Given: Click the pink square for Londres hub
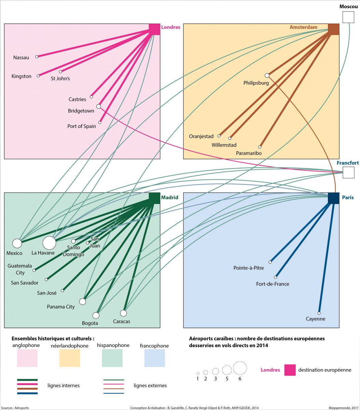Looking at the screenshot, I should point(155,29).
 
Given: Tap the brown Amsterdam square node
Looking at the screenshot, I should point(333,29).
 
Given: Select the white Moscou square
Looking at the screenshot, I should point(348,17).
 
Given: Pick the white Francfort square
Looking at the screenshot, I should point(348,173).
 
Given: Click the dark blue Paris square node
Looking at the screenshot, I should point(333,198).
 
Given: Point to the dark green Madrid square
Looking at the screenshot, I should point(155,198).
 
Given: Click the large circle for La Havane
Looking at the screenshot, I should point(49,243).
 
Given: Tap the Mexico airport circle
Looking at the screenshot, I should point(17,243).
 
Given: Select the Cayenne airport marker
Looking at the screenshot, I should point(319,313).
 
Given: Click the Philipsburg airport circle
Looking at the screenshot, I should point(267,75).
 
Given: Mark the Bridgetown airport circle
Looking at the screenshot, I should point(98,106).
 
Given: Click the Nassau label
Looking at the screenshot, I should point(21,58).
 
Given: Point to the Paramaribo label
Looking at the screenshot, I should point(249,153).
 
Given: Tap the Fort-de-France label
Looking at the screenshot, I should point(273,284).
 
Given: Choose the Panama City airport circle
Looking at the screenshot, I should point(82,301).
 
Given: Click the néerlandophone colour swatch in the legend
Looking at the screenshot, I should point(70,358).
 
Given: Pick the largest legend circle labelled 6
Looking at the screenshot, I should point(240,368).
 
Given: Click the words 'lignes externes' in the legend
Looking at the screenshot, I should point(150,386).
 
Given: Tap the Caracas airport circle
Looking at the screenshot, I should point(123,313).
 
